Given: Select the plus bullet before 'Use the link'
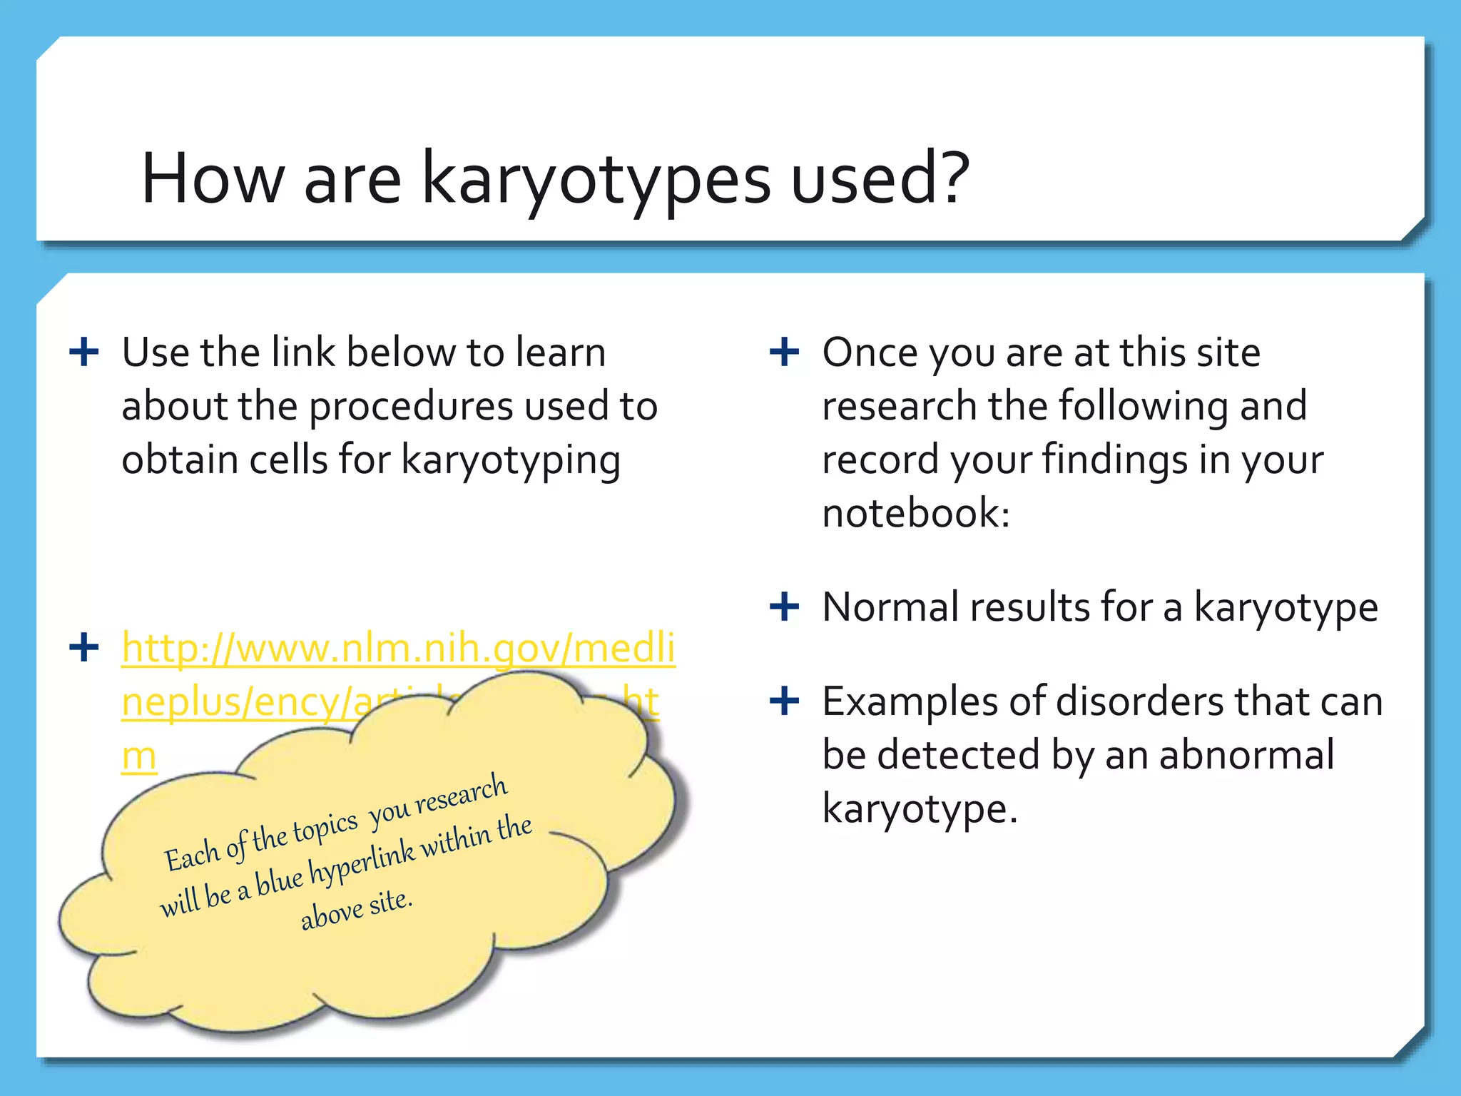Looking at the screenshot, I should coord(84,352).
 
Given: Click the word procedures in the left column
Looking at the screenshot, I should coord(411,407).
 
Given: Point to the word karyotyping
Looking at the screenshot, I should coord(511,460).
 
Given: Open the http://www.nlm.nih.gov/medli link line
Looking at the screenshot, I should coord(398,648).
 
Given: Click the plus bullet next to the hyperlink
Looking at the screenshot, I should coord(84,648).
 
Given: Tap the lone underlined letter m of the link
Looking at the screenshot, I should coord(138,756).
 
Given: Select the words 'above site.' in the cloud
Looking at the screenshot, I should coord(357,909).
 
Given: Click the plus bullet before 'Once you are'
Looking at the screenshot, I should coord(785,352).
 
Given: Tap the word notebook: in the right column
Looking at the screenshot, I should coord(916,513).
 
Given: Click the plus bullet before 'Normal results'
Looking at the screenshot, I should coord(785,607).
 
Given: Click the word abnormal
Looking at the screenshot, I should coord(1246,755).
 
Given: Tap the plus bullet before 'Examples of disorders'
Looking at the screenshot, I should coord(785,701).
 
